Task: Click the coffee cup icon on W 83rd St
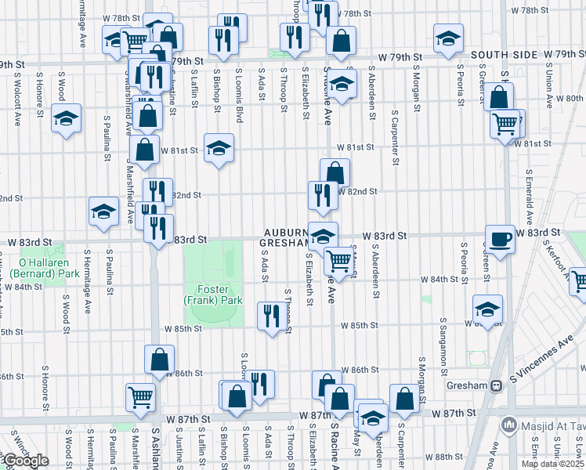[x=500, y=238]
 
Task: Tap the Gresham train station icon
[x=495, y=385]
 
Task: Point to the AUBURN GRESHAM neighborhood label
[x=286, y=238]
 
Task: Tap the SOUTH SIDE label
[x=505, y=55]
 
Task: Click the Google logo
[x=25, y=461]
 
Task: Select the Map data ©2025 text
[x=552, y=464]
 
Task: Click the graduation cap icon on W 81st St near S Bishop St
[x=219, y=147]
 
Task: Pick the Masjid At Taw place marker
[x=509, y=425]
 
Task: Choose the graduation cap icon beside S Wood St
[x=67, y=118]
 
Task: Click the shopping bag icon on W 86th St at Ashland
[x=159, y=360]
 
